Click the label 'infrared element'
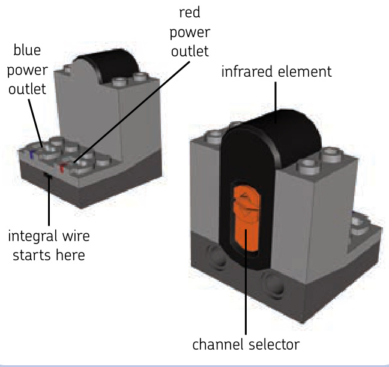click(x=276, y=73)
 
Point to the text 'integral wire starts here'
click(x=46, y=245)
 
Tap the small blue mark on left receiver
click(x=31, y=155)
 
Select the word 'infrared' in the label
click(x=243, y=73)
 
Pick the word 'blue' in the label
click(x=28, y=50)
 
